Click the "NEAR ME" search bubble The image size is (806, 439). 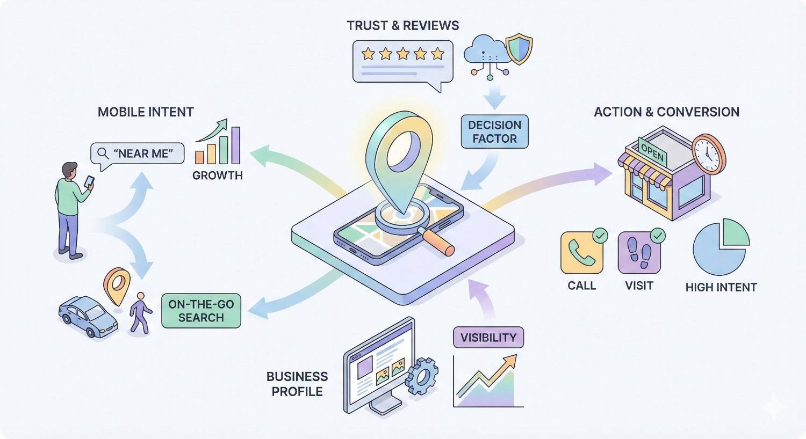pos(138,153)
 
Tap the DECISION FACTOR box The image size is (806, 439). pos(494,131)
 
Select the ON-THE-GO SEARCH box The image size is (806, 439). pos(201,311)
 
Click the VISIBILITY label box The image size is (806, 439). pos(488,338)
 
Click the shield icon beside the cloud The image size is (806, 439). pos(519,49)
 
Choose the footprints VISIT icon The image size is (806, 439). pos(639,253)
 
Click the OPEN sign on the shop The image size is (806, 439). pos(653,152)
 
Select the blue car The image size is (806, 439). pos(88,316)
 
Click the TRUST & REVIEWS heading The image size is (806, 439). pos(402,26)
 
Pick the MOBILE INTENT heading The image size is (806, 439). pos(146,112)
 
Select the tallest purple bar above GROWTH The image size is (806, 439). pos(235,145)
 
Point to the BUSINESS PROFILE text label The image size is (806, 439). pos(297,384)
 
